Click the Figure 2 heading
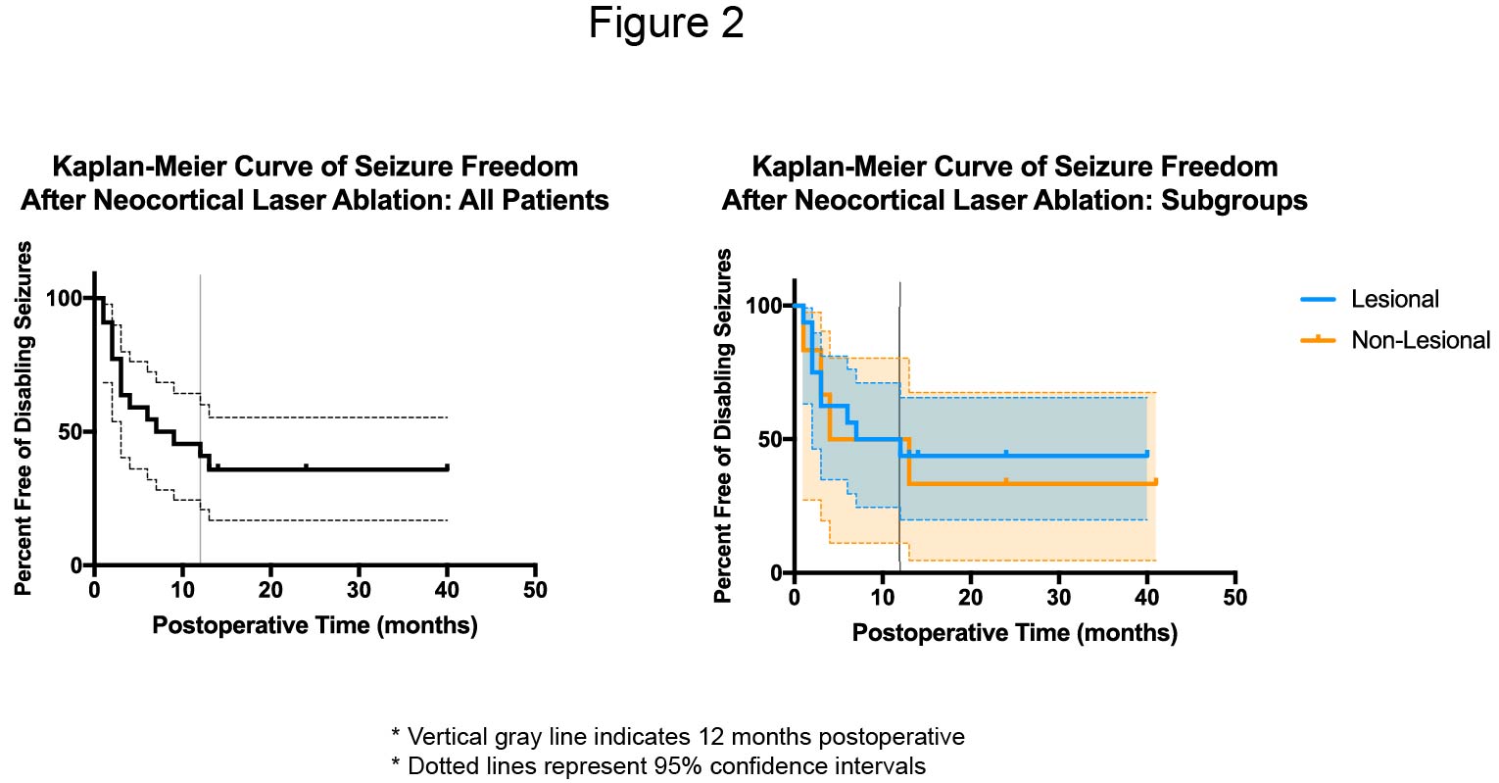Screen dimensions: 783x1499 click(x=666, y=24)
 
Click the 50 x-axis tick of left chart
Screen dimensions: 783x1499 click(x=535, y=590)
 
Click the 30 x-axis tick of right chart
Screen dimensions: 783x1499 click(x=1058, y=597)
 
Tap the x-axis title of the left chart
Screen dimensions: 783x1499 click(x=314, y=625)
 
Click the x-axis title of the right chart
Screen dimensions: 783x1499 click(x=1014, y=633)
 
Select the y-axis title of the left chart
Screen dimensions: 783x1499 click(x=24, y=418)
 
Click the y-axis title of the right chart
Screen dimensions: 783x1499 click(x=724, y=425)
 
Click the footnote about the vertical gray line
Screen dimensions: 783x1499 click(x=677, y=737)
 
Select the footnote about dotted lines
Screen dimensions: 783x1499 click(x=657, y=765)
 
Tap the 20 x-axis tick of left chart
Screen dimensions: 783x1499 click(x=270, y=590)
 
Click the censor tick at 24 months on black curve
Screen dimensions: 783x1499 click(x=306, y=466)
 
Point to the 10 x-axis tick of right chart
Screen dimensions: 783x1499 click(x=882, y=597)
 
